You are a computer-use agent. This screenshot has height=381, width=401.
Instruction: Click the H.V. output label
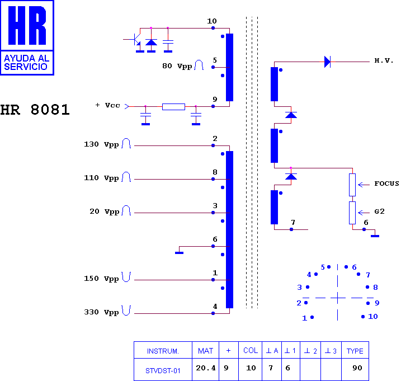pos(384,60)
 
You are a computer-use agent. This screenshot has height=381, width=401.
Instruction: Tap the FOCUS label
pos(386,184)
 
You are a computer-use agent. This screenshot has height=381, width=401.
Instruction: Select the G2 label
pos(380,211)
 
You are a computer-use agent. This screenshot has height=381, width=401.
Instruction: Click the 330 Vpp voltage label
pos(101,312)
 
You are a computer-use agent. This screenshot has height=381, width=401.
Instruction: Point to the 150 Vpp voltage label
pos(101,279)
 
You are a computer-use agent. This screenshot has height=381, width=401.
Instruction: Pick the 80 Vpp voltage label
pos(177,66)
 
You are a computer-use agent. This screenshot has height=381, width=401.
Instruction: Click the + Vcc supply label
pos(107,105)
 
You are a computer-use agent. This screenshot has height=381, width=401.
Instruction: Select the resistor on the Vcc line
pos(173,107)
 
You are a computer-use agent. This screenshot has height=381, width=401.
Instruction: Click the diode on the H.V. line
pos(327,62)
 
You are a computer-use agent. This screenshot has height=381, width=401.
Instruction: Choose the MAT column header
pos(205,351)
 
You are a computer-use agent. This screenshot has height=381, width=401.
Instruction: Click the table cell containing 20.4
pos(206,368)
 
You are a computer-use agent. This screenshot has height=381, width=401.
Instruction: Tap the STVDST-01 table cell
pos(163,370)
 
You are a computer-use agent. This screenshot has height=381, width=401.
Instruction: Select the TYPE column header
pos(355,351)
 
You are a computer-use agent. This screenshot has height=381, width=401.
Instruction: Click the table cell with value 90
pos(357,368)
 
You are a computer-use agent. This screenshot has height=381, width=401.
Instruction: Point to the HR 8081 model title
pos(35,110)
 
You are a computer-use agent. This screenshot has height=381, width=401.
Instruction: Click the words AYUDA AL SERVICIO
pos(27,63)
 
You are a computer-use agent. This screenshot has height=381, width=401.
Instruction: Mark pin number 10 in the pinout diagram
pos(373,317)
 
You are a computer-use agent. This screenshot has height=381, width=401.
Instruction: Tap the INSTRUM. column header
pos(163,351)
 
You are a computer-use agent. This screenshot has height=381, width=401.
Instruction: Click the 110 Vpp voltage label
pos(101,178)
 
